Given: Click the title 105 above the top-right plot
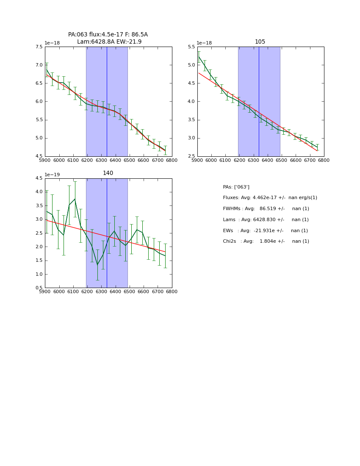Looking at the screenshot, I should click(260, 42).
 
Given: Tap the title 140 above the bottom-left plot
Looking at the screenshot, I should click(108, 173).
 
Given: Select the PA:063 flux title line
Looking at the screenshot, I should click(108, 35).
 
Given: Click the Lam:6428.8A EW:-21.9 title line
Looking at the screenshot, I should click(109, 42).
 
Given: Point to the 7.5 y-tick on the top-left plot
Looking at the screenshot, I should click(39, 47).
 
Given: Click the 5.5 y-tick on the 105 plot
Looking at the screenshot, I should click(191, 47).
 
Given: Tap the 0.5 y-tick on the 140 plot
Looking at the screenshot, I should click(39, 288).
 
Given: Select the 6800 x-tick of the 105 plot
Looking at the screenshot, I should click(324, 161).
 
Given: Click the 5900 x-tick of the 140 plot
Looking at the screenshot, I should click(45, 292).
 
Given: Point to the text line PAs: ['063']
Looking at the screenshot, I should click(236, 187).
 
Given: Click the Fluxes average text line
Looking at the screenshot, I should click(270, 198).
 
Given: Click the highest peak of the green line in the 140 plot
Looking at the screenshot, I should click(75, 199).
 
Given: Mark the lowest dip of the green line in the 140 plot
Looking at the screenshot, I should click(97, 265).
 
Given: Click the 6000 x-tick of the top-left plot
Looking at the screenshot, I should click(59, 161).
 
